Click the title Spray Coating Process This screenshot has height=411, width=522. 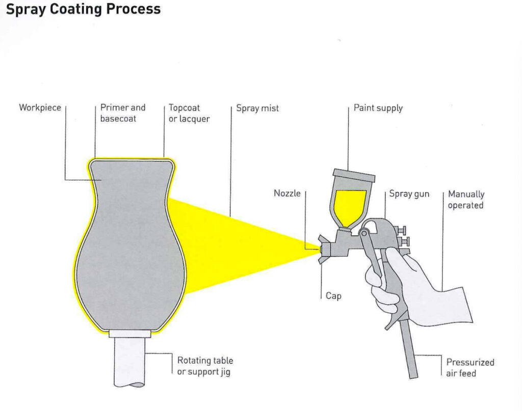pos(83,9)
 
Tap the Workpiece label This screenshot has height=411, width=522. pos(40,108)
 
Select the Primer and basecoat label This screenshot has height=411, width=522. pos(123,113)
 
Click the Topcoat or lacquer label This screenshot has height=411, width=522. pos(189,114)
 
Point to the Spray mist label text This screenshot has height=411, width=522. pos(257,108)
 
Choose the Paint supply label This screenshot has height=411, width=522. pos(378,108)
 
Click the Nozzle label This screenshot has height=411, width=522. pos(287,194)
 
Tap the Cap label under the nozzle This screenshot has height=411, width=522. pos(333,296)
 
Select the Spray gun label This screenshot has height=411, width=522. pos(409,194)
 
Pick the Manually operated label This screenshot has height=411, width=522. pos(466,200)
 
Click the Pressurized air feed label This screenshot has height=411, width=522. pos(470,368)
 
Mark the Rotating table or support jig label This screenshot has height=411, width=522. pos(205,366)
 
